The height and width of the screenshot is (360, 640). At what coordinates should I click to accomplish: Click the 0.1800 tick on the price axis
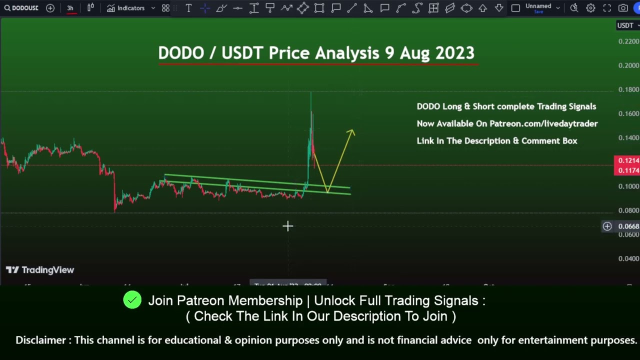(628, 89)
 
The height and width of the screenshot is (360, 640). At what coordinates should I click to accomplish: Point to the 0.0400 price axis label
(628, 258)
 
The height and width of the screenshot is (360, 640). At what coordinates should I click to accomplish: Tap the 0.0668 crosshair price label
(628, 226)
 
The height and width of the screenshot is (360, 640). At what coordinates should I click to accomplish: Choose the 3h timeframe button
(70, 8)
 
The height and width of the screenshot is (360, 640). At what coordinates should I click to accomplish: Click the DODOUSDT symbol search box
(21, 8)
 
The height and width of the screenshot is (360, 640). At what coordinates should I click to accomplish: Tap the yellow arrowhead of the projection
(351, 132)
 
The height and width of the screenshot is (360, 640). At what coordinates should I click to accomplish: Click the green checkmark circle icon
(132, 300)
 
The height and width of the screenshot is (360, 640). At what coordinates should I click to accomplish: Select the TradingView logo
(40, 270)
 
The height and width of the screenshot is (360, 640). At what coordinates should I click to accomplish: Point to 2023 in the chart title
(454, 53)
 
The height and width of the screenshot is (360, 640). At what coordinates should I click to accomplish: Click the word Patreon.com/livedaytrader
(543, 123)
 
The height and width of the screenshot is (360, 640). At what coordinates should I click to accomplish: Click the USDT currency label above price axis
(625, 25)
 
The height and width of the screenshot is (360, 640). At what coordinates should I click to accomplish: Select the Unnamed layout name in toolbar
(538, 6)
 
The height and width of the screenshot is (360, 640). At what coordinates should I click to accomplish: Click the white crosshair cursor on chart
(287, 226)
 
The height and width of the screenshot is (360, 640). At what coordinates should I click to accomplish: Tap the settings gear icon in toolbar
(590, 8)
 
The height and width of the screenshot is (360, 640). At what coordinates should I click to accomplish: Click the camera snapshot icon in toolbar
(623, 8)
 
